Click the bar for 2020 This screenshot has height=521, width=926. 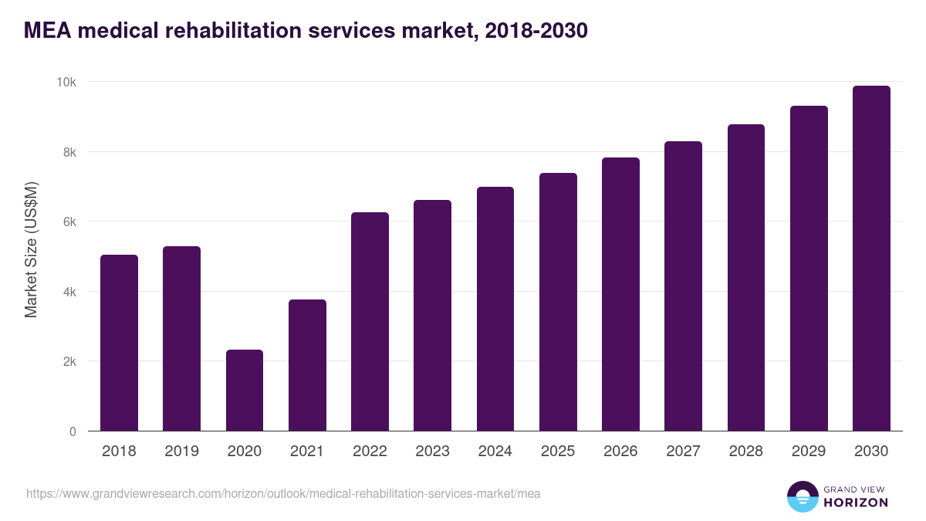[x=245, y=391]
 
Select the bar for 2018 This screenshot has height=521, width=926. [x=119, y=343]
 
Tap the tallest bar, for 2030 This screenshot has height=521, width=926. [x=871, y=259]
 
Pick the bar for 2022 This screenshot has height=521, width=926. [x=370, y=322]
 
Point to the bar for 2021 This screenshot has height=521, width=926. [x=307, y=365]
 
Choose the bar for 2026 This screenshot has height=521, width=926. [x=620, y=294]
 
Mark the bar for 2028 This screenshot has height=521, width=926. [x=746, y=278]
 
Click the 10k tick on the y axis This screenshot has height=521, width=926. [x=67, y=83]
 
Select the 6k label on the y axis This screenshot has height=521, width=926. [x=69, y=222]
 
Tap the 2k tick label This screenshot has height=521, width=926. [x=69, y=362]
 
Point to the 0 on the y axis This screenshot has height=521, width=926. [x=73, y=431]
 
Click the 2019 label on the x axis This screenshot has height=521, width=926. [x=181, y=452]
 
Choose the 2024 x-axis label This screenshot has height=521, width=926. [x=495, y=452]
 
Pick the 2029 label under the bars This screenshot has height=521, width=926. [x=809, y=452]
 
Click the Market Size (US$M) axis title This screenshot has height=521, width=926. [x=32, y=249]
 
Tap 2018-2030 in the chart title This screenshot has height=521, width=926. [x=536, y=30]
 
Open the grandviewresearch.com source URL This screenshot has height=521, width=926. [x=283, y=493]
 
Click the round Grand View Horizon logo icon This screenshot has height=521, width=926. [x=802, y=496]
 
